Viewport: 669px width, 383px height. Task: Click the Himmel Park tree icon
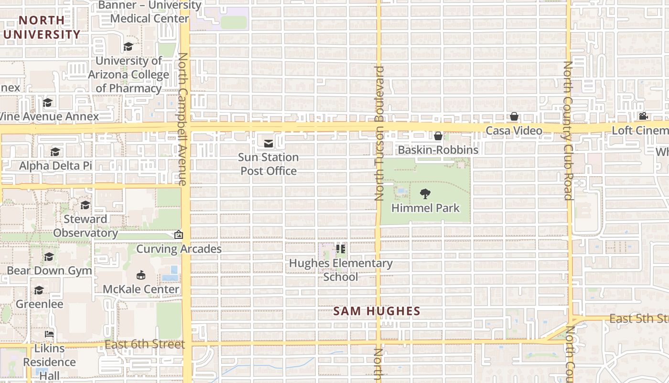pyautogui.click(x=425, y=194)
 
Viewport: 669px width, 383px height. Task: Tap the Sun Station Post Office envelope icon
pyautogui.click(x=269, y=143)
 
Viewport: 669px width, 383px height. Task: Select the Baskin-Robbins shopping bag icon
pyautogui.click(x=438, y=136)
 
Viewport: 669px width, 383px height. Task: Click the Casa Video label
pyautogui.click(x=514, y=131)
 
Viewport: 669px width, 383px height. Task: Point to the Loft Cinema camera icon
pyautogui.click(x=643, y=116)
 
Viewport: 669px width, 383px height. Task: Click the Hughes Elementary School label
pyautogui.click(x=341, y=270)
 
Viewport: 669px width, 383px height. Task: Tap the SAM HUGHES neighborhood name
pyautogui.click(x=377, y=311)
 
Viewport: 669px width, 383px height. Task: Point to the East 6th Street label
pyautogui.click(x=144, y=344)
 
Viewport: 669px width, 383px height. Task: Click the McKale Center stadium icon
pyautogui.click(x=141, y=275)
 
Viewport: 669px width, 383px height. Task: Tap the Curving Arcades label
pyautogui.click(x=179, y=249)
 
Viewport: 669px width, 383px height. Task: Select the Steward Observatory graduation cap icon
pyautogui.click(x=86, y=205)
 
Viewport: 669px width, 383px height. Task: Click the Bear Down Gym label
pyautogui.click(x=49, y=270)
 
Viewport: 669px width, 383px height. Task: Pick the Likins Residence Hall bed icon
pyautogui.click(x=49, y=334)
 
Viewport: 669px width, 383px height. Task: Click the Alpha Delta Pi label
pyautogui.click(x=55, y=166)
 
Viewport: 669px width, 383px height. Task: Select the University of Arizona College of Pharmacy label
pyautogui.click(x=129, y=74)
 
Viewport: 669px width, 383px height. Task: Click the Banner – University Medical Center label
pyautogui.click(x=149, y=12)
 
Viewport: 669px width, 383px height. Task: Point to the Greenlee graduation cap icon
pyautogui.click(x=39, y=291)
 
